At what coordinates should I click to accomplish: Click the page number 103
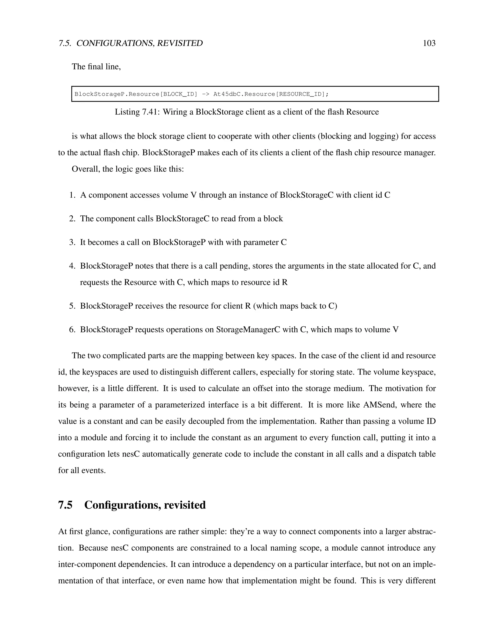tap(429, 43)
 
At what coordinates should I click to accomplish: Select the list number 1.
tap(72, 195)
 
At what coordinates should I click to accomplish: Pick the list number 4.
tap(72, 266)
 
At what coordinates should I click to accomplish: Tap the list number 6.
tap(72, 330)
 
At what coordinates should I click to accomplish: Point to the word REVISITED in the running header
tap(180, 43)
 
